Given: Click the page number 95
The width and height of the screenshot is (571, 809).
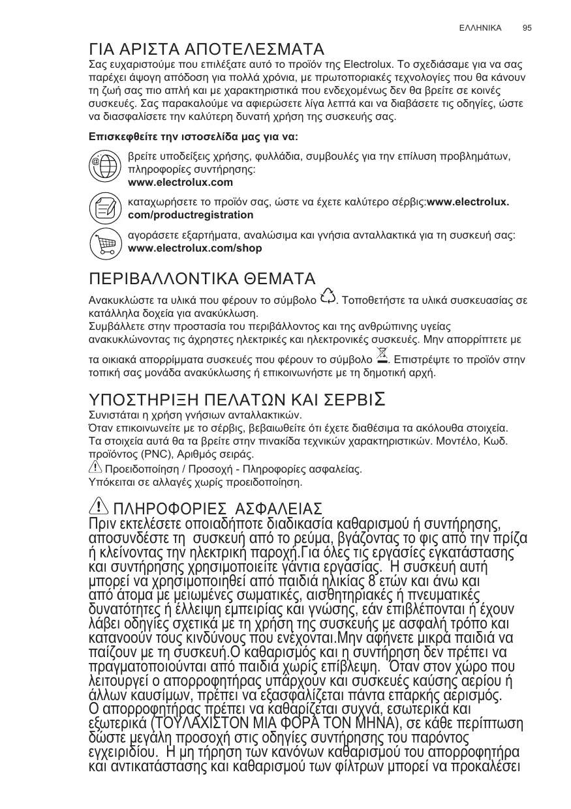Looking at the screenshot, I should pyautogui.click(x=527, y=28).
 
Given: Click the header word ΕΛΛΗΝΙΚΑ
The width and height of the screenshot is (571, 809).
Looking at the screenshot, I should pyautogui.click(x=480, y=28).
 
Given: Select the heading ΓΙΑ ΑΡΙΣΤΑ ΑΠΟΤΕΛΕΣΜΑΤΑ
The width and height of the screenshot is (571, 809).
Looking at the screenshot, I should pyautogui.click(x=207, y=50).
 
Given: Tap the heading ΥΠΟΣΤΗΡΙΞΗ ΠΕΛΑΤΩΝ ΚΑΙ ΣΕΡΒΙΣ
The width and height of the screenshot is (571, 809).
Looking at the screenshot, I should pyautogui.click(x=236, y=399).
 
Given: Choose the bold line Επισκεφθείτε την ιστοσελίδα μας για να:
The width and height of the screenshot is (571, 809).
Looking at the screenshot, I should pyautogui.click(x=193, y=138).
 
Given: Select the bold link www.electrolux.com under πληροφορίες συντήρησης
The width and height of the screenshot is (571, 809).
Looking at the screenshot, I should pyautogui.click(x=181, y=182).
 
